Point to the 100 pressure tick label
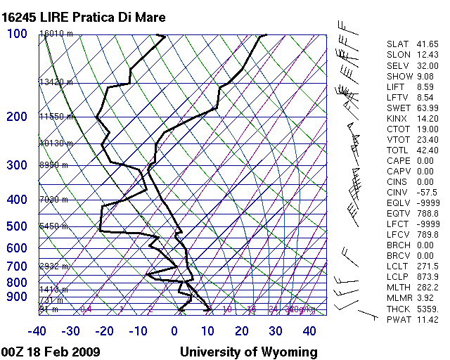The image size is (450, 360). pyautogui.click(x=17, y=34)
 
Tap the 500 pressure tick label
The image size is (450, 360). pyautogui.click(x=17, y=226)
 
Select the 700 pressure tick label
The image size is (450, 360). pyautogui.click(x=17, y=267)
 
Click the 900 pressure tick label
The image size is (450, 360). pyautogui.click(x=17, y=297)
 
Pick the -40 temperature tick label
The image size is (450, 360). pyautogui.click(x=37, y=331)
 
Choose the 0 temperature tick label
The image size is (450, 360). pyautogui.click(x=175, y=331)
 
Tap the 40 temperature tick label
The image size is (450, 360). pyautogui.click(x=309, y=331)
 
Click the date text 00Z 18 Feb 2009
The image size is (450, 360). pyautogui.click(x=51, y=352)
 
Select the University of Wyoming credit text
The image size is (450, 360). pyautogui.click(x=249, y=352)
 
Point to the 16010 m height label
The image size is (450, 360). pyautogui.click(x=56, y=33)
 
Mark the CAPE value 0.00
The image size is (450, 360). pyautogui.click(x=425, y=161)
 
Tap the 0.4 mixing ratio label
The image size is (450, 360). pyautogui.click(x=86, y=309)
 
